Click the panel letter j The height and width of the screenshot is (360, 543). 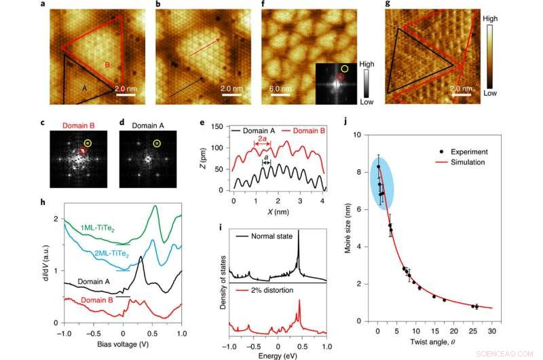coord(348,123)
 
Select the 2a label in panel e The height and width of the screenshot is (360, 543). coord(262,138)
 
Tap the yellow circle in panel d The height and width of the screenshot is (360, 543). coord(157,143)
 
